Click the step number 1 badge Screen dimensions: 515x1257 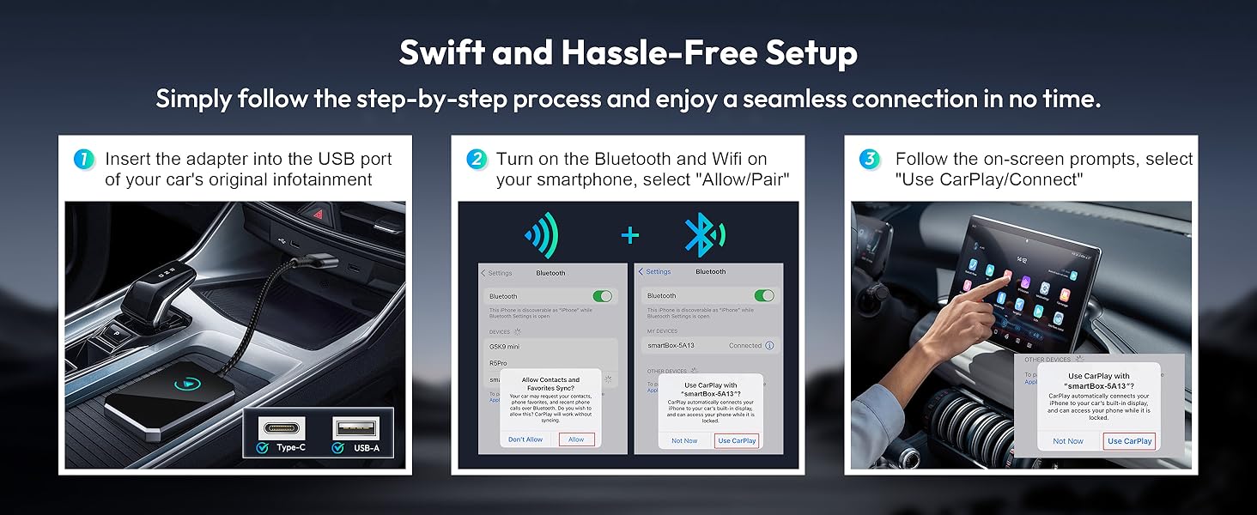83,159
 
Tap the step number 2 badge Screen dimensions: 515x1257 477,159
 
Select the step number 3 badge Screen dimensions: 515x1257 869,159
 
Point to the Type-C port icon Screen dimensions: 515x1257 281,427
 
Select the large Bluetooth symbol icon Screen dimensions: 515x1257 701,234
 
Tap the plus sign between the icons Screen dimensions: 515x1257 630,235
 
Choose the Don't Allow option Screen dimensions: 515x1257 525,439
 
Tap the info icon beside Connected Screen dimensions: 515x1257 768,345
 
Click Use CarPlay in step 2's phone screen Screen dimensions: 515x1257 737,440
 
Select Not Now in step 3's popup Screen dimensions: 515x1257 1068,441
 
